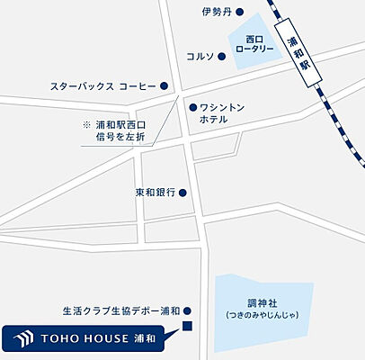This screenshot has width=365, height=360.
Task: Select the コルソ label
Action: pos(200,56)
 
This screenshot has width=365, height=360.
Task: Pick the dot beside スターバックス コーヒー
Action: pos(165,86)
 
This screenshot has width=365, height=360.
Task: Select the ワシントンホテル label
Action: pos(219,112)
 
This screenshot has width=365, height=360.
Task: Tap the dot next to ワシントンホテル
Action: pos(192,106)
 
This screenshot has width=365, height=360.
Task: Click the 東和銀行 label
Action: pos(154,192)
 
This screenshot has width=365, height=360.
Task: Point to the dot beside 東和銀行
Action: pos(182,192)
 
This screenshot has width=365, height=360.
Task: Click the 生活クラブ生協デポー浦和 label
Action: pos(121,308)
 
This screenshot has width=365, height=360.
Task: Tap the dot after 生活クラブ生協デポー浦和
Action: pos(188,308)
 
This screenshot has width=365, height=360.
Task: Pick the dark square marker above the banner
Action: pos(188,325)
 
